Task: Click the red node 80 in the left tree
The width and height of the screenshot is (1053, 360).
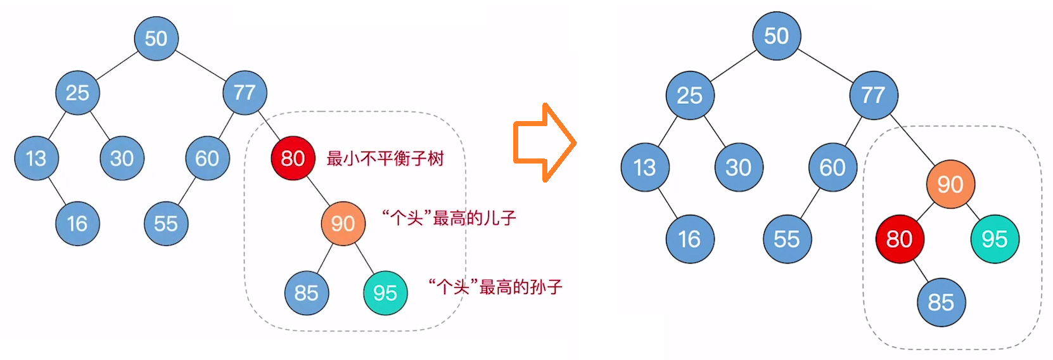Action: coord(293,158)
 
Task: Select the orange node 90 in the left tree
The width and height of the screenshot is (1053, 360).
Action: coord(343,223)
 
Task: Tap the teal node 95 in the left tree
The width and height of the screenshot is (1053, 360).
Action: coord(385,293)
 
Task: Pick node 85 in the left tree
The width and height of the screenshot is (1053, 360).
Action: coord(307,293)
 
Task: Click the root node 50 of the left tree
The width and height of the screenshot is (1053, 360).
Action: coord(156,38)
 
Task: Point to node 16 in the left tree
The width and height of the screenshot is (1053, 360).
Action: coord(77,223)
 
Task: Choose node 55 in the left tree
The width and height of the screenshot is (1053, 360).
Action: coord(166,223)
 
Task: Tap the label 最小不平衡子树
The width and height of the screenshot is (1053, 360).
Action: coord(385,158)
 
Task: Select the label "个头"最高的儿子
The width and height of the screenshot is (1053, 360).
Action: coord(449,219)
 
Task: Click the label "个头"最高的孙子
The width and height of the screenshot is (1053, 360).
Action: coord(495,287)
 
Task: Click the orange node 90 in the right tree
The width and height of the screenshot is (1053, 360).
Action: coord(950,184)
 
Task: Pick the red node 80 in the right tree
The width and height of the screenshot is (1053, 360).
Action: coord(900,239)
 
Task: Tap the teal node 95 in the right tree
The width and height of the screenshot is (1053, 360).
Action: coord(995,239)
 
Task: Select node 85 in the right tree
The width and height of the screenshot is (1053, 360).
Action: coord(941,302)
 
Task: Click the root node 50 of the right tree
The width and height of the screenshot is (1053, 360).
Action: coord(776,36)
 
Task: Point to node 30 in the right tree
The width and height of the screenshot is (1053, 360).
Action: coord(738,167)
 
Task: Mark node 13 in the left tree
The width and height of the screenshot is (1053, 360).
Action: coord(36,158)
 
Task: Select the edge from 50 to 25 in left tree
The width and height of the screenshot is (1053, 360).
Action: coord(117,66)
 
